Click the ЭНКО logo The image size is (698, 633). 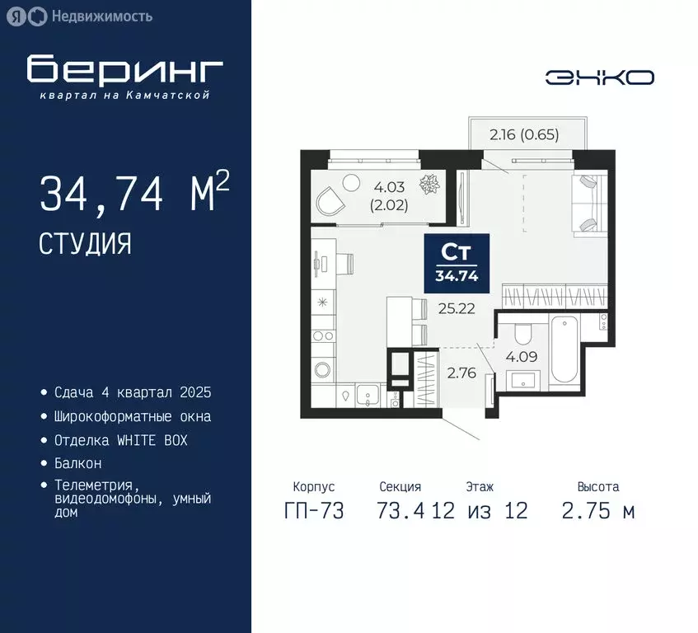tap(600, 77)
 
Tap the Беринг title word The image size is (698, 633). tap(124, 70)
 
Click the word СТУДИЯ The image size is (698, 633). tap(84, 242)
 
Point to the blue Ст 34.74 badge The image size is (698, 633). tap(457, 262)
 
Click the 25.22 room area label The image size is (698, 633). tap(454, 309)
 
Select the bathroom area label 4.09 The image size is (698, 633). tap(522, 357)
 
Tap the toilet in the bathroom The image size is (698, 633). tap(521, 335)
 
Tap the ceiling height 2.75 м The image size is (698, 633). tap(597, 511)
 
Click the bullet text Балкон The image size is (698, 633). tap(78, 464)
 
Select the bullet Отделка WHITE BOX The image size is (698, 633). tap(120, 440)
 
